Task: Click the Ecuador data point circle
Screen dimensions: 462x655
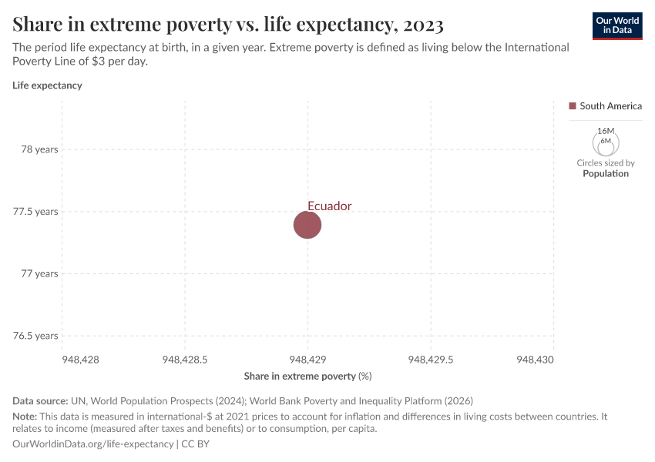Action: (x=307, y=225)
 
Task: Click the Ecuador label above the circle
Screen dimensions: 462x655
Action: (x=329, y=206)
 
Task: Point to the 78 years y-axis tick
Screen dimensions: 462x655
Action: (x=39, y=149)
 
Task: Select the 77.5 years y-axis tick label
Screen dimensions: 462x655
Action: (x=35, y=211)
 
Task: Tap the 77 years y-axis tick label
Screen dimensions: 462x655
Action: (x=39, y=273)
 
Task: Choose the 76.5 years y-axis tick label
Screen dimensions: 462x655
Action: (x=35, y=336)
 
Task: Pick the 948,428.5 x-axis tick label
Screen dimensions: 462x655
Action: (x=185, y=359)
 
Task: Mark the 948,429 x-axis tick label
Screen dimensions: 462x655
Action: (x=307, y=359)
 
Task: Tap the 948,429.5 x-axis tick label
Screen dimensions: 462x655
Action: (x=430, y=359)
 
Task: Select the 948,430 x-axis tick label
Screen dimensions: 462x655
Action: (x=536, y=359)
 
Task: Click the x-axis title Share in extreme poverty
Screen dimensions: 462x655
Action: (x=300, y=376)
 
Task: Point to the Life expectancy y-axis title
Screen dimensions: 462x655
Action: (x=47, y=85)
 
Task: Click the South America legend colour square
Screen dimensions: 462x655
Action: (x=573, y=106)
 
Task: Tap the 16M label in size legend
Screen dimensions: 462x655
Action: (x=606, y=132)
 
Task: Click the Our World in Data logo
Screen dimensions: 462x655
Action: (x=617, y=25)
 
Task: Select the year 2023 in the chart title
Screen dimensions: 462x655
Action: (x=422, y=25)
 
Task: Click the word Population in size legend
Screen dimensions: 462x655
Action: (x=605, y=173)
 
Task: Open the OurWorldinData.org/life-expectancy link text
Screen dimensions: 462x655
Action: (x=93, y=444)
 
